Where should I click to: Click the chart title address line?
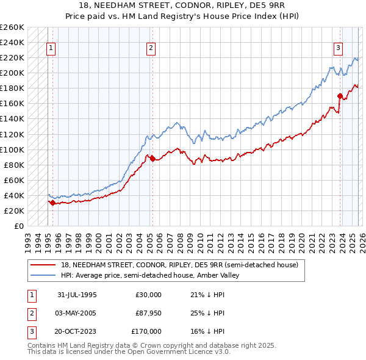click(x=183, y=6)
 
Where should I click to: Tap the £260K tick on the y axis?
click(x=12, y=27)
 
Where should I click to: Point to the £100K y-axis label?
click(x=12, y=149)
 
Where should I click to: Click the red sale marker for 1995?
click(x=53, y=203)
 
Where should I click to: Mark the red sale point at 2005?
click(x=152, y=158)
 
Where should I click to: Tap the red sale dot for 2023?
click(x=339, y=96)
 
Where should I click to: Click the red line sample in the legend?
click(x=44, y=265)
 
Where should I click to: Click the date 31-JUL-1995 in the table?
click(x=77, y=295)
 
